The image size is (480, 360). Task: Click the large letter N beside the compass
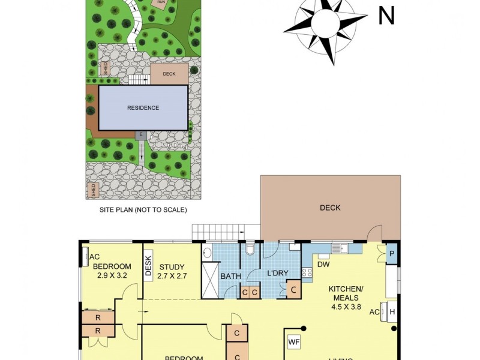pos(386,16)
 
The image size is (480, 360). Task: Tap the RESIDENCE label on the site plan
pos(143,108)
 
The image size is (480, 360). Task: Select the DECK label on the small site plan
pos(169,74)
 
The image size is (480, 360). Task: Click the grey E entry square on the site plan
pos(140,135)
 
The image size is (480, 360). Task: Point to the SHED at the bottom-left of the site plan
pos(94,191)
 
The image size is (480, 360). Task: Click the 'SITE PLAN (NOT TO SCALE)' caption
pos(143,210)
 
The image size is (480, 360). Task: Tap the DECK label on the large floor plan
pos(330,208)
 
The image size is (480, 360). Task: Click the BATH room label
pos(230,277)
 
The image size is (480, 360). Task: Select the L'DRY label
pos(278,274)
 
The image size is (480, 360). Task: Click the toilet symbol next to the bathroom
pos(251,250)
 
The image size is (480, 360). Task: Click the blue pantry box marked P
pos(392,253)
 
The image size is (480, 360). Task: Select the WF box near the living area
pos(294,343)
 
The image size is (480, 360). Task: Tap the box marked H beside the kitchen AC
pos(392,313)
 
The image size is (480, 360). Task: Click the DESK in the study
pos(149,266)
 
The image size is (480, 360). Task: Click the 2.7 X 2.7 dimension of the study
pos(172,277)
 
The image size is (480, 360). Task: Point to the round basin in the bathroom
pos(206,251)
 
